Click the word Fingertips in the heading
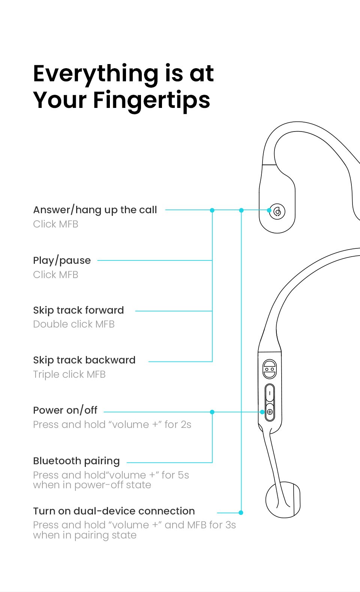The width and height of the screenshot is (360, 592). point(151,100)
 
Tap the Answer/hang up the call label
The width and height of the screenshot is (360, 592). point(95,210)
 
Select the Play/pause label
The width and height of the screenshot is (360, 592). point(62,260)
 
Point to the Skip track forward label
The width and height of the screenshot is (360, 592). point(78,310)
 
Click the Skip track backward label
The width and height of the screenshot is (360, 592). point(84,360)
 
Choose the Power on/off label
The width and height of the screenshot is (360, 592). point(65,410)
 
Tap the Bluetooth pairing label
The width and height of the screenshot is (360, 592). point(76,461)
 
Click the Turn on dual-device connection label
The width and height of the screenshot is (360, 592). point(114,511)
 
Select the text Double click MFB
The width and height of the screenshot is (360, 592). point(74,324)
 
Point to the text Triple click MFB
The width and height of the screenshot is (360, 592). point(69,374)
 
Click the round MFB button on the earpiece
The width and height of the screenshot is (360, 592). point(278,212)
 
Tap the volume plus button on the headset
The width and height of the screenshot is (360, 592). point(270,412)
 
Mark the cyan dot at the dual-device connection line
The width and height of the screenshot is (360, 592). point(241,512)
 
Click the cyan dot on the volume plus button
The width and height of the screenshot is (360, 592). point(262,412)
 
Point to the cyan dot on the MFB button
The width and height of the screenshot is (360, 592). point(269,210)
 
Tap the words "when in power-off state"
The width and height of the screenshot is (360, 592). point(92,485)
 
